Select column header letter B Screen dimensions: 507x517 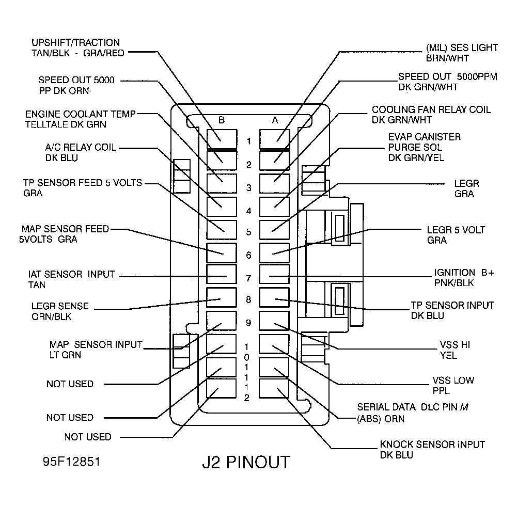[221, 120]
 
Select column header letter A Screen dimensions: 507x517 [275, 120]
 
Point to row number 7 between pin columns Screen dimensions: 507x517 [248, 279]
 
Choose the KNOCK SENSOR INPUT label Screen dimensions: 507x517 [432, 450]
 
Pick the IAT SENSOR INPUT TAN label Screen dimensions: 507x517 [71, 279]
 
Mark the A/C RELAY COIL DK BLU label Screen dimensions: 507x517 [81, 153]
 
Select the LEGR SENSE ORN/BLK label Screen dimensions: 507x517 [59, 311]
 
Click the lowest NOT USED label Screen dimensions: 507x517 [88, 437]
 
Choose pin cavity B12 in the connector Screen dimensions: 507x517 [222, 388]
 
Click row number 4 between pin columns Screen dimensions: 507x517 [248, 211]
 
